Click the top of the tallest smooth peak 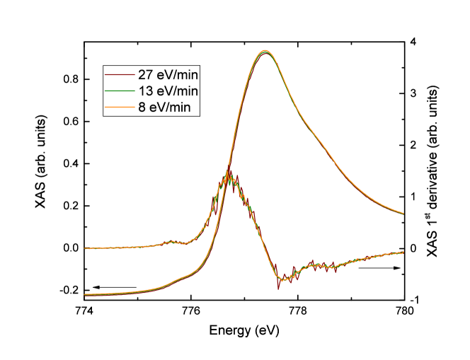[265, 51]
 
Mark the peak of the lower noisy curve [228, 172]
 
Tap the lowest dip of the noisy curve [280, 281]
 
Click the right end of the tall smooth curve [403, 213]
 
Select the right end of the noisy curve [403, 252]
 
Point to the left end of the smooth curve [85, 294]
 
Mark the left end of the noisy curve [85, 248]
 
